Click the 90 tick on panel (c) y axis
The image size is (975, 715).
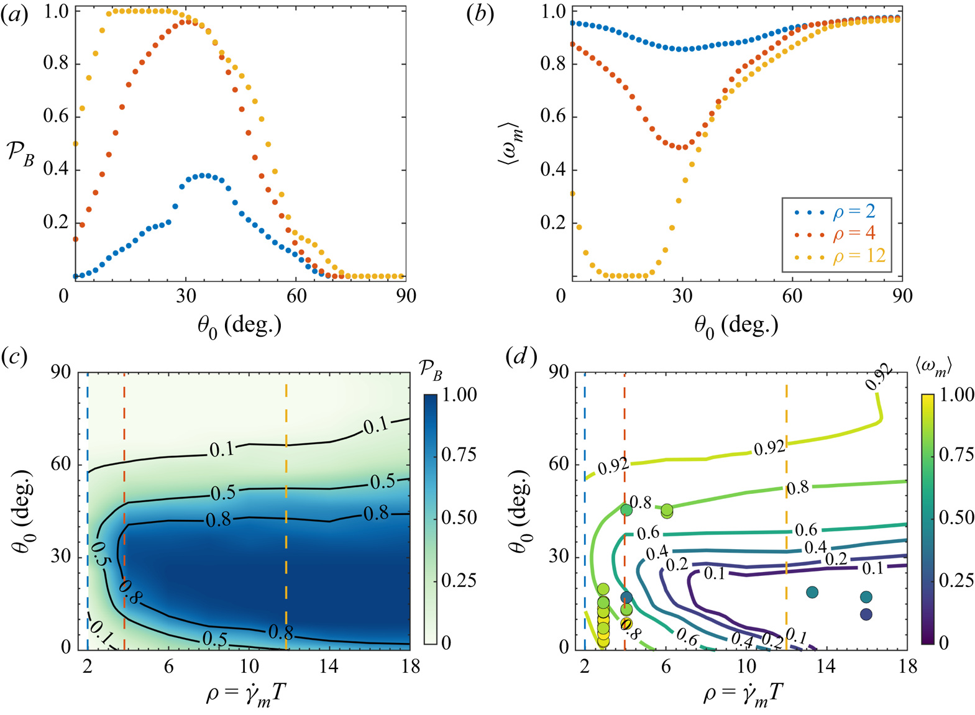[x=62, y=373]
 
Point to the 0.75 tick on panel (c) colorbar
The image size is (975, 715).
[x=459, y=455]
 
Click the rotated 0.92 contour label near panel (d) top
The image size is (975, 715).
[x=879, y=377]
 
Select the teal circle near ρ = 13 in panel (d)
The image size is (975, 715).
[x=812, y=592]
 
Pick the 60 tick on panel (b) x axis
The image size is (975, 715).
[x=793, y=296]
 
